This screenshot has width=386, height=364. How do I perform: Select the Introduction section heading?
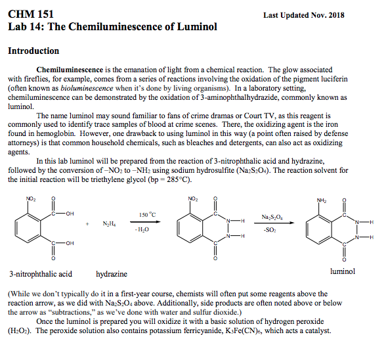point(33,51)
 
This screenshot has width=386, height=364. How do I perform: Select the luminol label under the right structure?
point(342,270)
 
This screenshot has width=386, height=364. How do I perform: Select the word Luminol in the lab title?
point(194,28)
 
